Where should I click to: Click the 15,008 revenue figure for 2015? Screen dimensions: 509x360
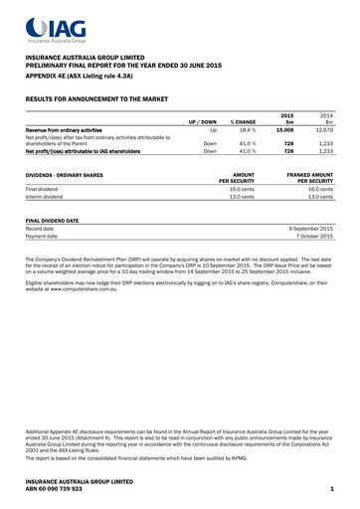click(286, 129)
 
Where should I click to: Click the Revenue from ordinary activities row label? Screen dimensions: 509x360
click(64, 129)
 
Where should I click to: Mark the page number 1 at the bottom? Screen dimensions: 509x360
click(330, 489)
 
